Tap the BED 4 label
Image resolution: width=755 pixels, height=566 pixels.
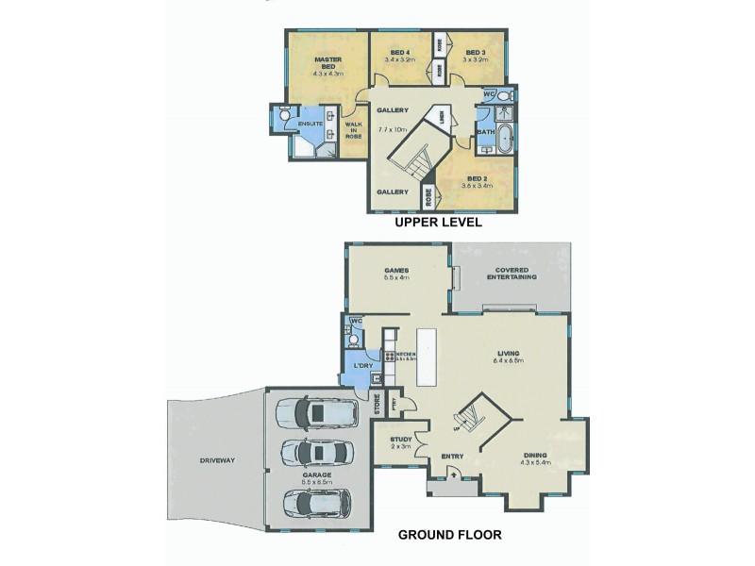pyautogui.click(x=399, y=52)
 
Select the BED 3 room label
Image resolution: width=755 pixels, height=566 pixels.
pyautogui.click(x=475, y=52)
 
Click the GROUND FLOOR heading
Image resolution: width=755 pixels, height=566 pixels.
pyautogui.click(x=449, y=535)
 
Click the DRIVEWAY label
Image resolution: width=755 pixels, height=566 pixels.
pyautogui.click(x=217, y=461)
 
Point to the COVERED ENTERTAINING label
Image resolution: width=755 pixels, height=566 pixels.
pyautogui.click(x=512, y=274)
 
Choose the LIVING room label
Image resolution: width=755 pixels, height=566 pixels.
pyautogui.click(x=508, y=354)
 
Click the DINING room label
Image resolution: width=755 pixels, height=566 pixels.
pyautogui.click(x=536, y=457)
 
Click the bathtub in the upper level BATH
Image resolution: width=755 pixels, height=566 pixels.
pyautogui.click(x=506, y=138)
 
